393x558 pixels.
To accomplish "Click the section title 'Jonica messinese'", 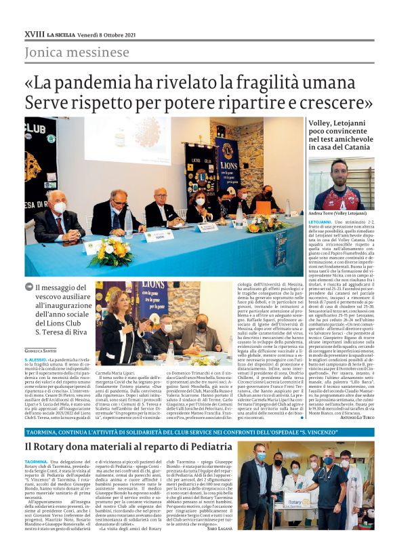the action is coord(77,52).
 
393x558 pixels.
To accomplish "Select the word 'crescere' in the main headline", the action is coord(336,102).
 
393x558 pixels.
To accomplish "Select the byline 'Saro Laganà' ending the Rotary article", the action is coord(215,546).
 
